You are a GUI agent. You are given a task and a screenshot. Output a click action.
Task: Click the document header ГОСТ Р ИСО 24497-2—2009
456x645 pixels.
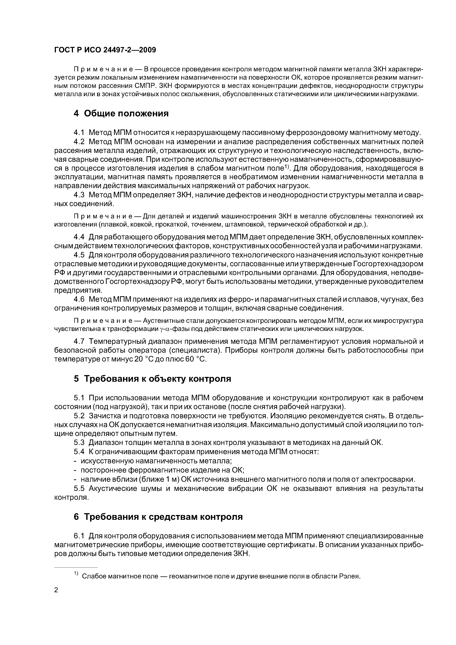[x=105, y=50]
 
